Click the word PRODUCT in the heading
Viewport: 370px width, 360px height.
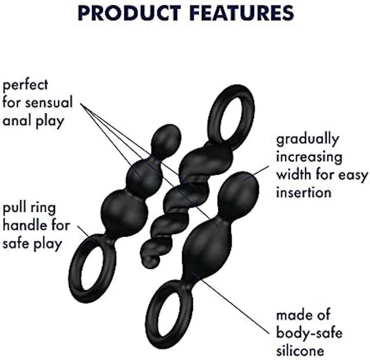[129, 13]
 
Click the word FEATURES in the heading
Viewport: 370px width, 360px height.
[241, 13]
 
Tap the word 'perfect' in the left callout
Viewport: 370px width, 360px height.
[25, 85]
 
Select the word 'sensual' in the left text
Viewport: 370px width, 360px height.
[49, 103]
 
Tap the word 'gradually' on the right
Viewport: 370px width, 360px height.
[307, 140]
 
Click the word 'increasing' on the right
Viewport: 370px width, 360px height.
[309, 158]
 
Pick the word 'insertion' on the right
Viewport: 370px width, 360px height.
[304, 193]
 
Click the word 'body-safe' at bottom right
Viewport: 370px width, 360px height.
[309, 333]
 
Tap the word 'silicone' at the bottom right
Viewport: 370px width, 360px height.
[300, 350]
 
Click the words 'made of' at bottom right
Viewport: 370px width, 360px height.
[303, 315]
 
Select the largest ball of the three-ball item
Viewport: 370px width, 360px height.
[124, 210]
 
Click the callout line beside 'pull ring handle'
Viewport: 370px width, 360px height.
[83, 231]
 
